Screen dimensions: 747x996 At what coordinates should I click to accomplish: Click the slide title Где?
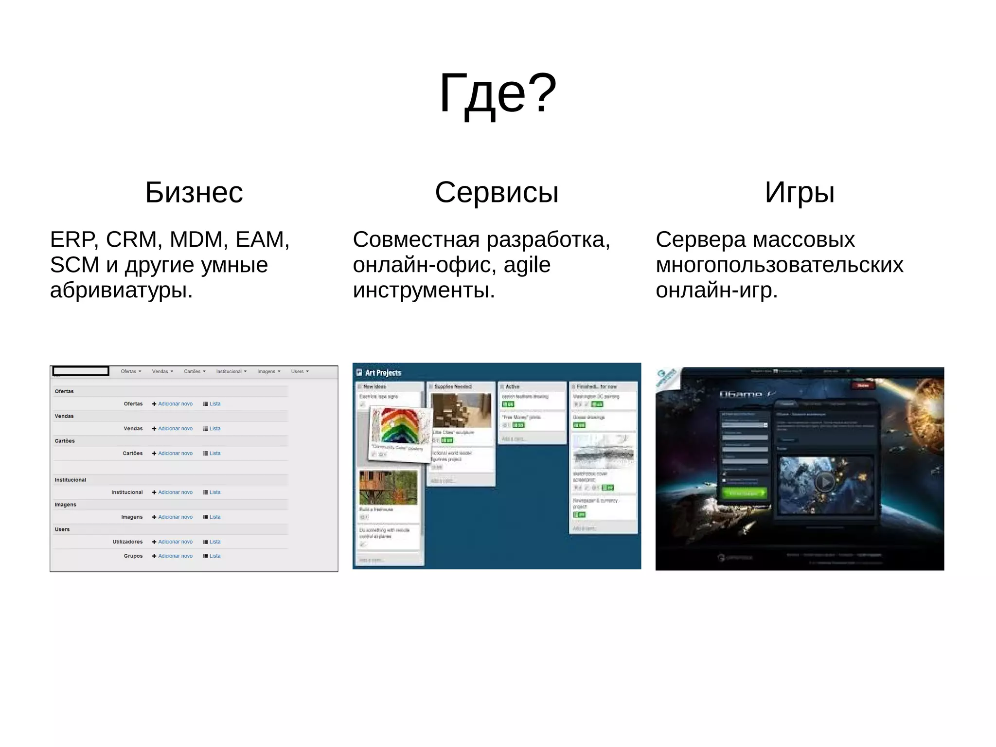pyautogui.click(x=498, y=93)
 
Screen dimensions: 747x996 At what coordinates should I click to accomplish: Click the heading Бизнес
pyautogui.click(x=194, y=192)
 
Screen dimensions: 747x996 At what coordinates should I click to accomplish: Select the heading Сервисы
pyautogui.click(x=497, y=192)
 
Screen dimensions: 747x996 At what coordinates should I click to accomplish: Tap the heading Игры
pyautogui.click(x=800, y=192)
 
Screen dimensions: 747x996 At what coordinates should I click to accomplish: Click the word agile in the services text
pyautogui.click(x=527, y=265)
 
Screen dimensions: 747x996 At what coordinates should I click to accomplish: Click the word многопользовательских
pyautogui.click(x=779, y=265)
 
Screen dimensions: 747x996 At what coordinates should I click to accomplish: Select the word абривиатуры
pyautogui.click(x=121, y=290)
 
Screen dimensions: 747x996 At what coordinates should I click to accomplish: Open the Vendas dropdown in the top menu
pyautogui.click(x=162, y=371)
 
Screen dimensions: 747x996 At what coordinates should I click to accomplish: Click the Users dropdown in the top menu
pyautogui.click(x=300, y=371)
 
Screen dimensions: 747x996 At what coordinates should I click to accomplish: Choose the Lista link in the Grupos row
pyautogui.click(x=214, y=556)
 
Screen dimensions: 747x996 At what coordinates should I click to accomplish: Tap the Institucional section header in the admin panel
pyautogui.click(x=71, y=480)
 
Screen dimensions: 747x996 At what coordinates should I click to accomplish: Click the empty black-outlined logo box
pyautogui.click(x=81, y=371)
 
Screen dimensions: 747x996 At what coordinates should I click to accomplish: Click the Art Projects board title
pyautogui.click(x=383, y=373)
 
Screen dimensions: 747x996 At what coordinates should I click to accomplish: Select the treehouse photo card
pyautogui.click(x=388, y=488)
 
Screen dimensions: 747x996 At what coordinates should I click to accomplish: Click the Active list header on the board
pyautogui.click(x=513, y=386)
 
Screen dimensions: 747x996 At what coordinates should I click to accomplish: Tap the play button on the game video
pyautogui.click(x=825, y=482)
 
